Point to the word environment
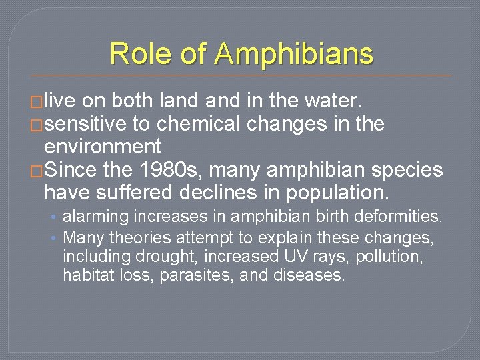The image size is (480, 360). point(103,146)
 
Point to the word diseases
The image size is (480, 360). point(309,275)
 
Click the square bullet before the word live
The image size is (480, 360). point(37,102)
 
